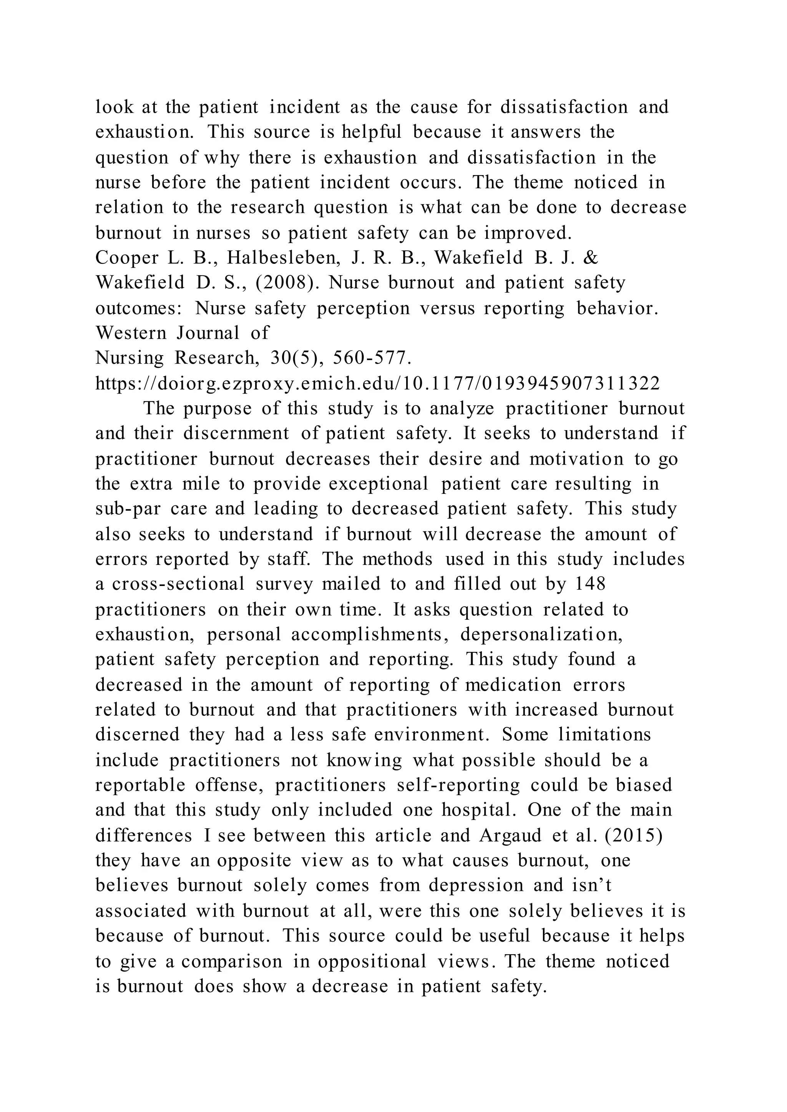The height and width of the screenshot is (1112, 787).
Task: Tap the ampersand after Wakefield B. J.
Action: [591, 258]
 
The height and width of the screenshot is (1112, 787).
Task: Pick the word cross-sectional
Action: [178, 584]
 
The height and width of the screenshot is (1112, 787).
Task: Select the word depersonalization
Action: [541, 634]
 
